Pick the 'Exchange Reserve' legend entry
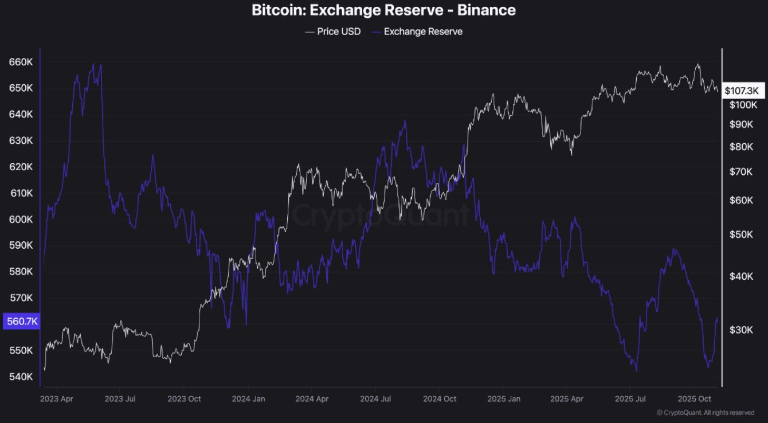click(423, 32)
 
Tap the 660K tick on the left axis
click(21, 62)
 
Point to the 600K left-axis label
click(21, 220)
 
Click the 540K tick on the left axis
click(21, 377)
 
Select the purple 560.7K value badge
click(21, 322)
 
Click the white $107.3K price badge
click(741, 91)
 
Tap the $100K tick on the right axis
click(743, 105)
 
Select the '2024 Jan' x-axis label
click(249, 398)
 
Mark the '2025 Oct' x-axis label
click(694, 398)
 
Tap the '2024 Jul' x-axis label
click(375, 398)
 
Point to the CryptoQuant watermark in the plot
click(381, 216)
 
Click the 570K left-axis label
click(21, 298)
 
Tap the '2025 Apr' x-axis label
click(566, 398)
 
